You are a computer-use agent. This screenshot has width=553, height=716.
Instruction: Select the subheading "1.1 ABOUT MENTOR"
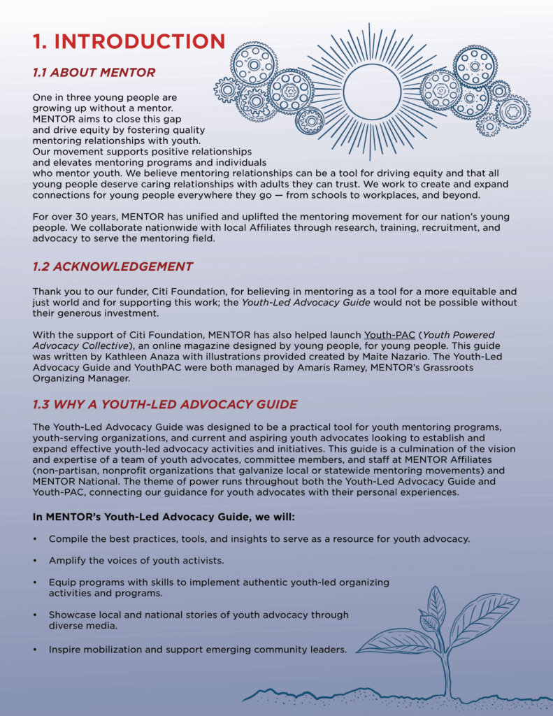coord(94,73)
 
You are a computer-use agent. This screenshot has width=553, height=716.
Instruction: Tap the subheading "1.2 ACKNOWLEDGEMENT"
coord(113,266)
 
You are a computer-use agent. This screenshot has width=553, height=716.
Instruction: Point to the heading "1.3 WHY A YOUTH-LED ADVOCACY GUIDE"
coord(165,404)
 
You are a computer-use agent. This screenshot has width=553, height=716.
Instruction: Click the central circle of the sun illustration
coord(372,92)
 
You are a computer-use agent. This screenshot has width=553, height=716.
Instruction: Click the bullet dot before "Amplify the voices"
coord(35,561)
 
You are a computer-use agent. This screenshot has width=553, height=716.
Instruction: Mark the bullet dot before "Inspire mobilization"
coord(35,650)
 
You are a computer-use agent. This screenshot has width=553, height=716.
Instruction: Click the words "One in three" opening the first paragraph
coord(62,97)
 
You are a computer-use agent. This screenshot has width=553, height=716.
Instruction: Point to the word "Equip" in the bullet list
coord(62,582)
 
